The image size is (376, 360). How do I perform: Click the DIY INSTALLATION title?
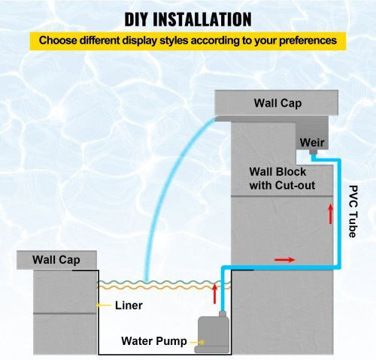click(188, 20)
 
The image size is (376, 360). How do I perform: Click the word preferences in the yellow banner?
click(308, 41)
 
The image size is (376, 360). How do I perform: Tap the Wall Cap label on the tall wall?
click(277, 103)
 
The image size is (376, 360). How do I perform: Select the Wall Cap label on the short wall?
click(56, 260)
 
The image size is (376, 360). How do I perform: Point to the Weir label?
click(312, 143)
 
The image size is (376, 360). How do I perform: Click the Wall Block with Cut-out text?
click(282, 179)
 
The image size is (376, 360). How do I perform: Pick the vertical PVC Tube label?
click(353, 211)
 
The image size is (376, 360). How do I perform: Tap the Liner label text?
click(129, 305)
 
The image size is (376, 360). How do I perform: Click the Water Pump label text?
click(154, 341)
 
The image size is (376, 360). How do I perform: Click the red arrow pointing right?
click(285, 259)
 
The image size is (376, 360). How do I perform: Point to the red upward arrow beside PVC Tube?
click(331, 214)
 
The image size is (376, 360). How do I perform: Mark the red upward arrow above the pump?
click(214, 294)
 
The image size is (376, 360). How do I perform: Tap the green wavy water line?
click(164, 283)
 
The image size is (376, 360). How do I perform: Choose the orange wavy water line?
click(164, 288)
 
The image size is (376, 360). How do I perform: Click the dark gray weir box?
click(312, 132)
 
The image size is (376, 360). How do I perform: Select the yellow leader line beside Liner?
click(104, 305)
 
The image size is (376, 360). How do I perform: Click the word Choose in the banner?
click(58, 41)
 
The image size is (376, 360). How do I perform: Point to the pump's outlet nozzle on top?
click(223, 314)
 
